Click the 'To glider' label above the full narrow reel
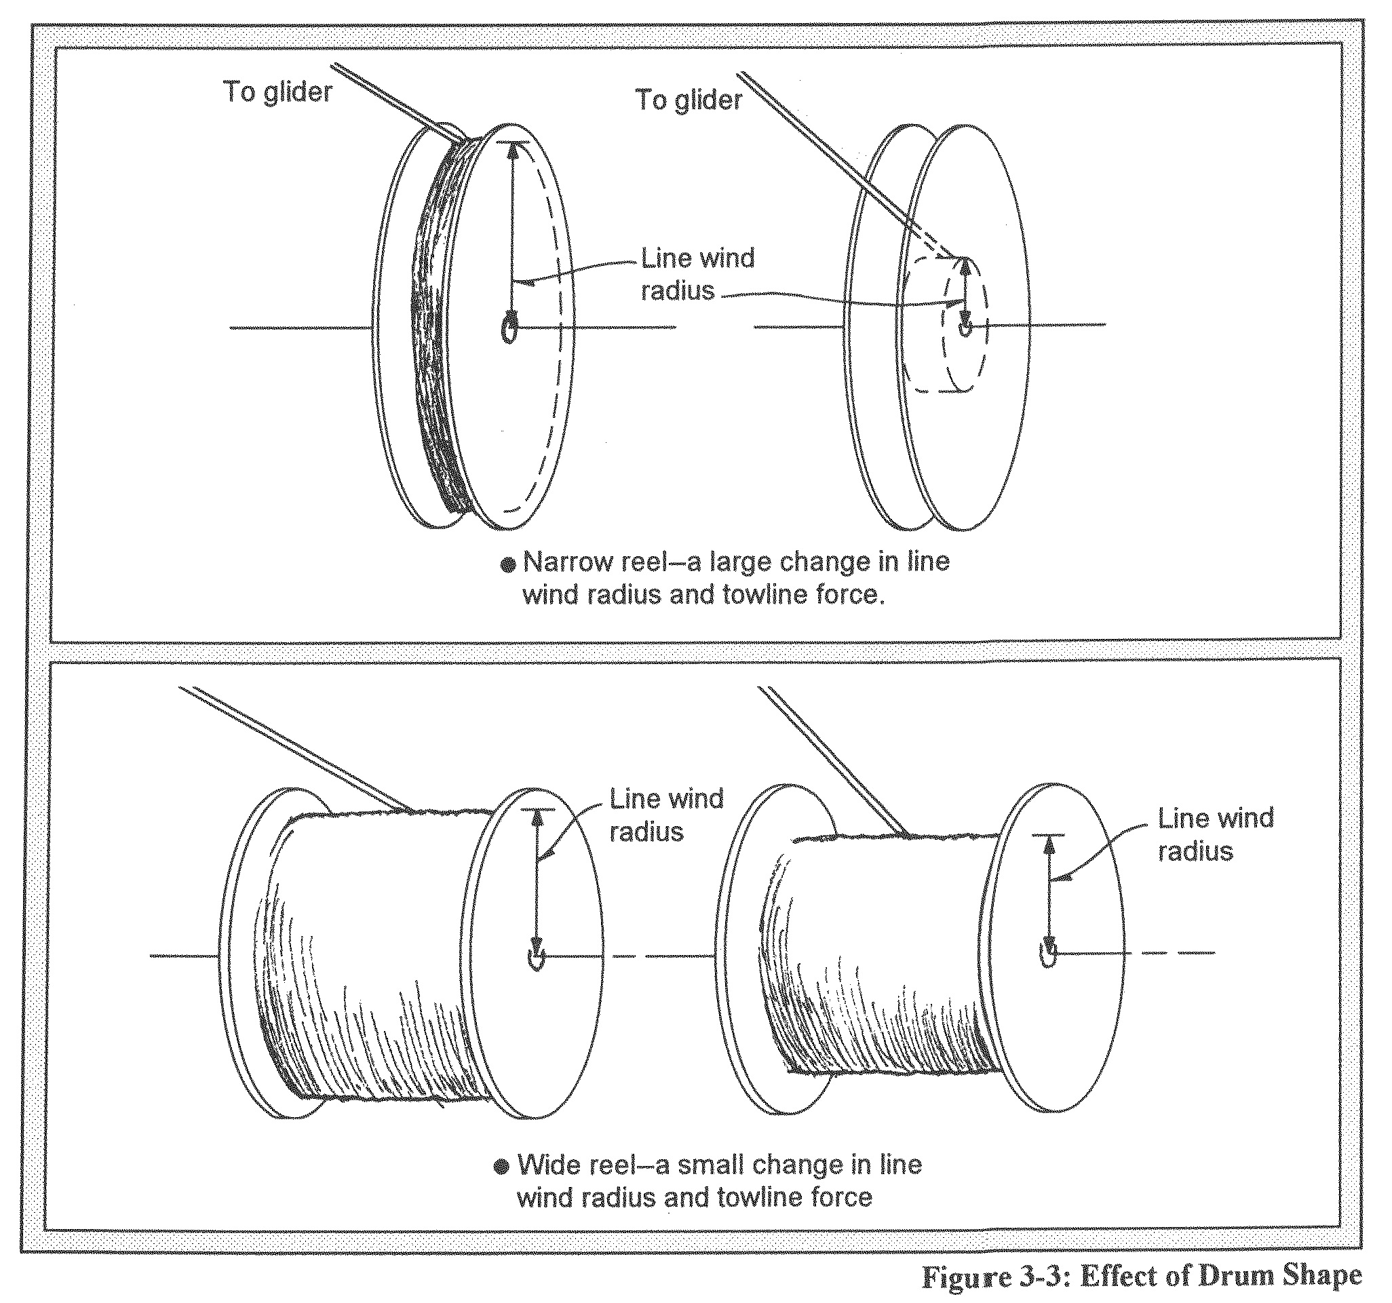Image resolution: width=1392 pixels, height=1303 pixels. tap(278, 92)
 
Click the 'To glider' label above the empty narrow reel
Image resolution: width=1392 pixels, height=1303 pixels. tap(689, 100)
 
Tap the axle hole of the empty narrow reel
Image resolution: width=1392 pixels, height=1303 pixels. tap(965, 327)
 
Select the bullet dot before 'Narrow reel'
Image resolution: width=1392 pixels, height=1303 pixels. tap(509, 564)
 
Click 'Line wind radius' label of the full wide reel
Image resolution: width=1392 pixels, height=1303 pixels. tap(666, 815)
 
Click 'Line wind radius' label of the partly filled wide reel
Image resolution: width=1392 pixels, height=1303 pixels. tap(1215, 834)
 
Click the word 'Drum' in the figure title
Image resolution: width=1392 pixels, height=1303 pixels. tap(1240, 1277)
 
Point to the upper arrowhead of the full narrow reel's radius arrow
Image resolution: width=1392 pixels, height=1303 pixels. tap(514, 151)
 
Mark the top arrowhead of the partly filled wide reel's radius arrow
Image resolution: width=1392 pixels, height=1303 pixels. tap(1049, 845)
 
